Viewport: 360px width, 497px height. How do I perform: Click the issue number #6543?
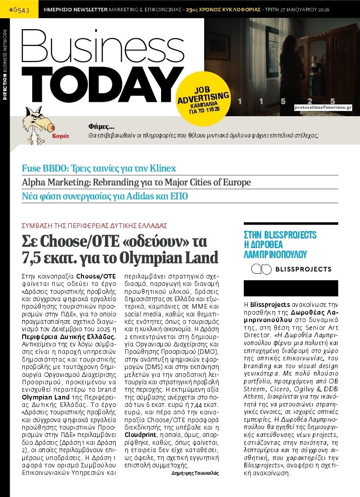coord(19,10)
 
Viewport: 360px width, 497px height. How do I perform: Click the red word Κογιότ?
coord(61,136)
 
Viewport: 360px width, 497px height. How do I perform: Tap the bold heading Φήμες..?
coord(101,127)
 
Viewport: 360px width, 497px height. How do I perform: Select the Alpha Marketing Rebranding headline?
coord(136,182)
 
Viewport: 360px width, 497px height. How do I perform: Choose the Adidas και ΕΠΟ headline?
coord(105,196)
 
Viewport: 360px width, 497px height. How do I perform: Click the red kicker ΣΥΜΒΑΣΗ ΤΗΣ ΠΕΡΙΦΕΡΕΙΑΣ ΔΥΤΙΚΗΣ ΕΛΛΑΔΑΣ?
coord(94,225)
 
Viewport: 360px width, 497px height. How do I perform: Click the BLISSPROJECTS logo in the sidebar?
coord(291,269)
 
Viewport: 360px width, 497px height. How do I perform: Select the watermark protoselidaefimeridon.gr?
coord(323,107)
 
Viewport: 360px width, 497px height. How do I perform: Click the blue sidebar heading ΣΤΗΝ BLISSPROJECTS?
coord(280,235)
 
